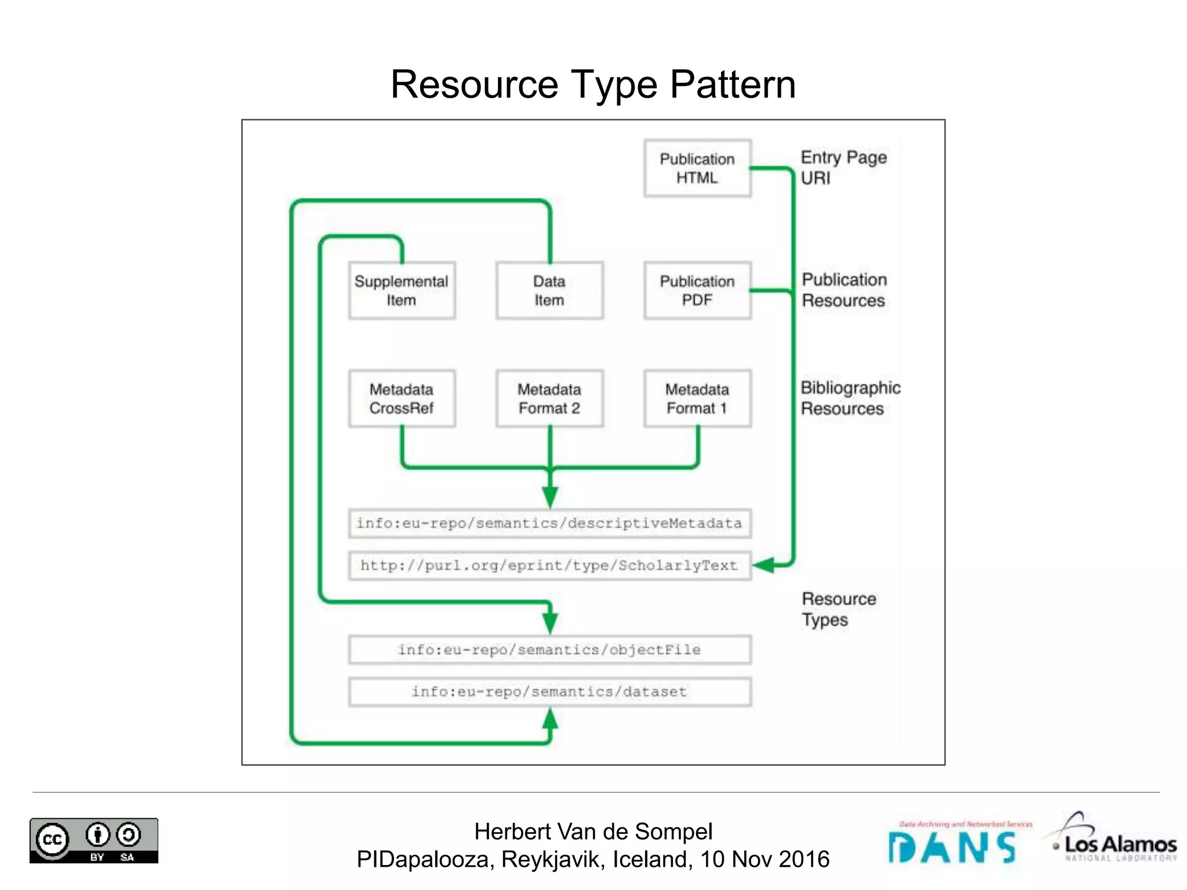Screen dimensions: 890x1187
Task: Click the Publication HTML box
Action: coord(697,168)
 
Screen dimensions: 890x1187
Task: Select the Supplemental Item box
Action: coord(402,290)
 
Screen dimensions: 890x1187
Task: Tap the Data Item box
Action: coord(549,290)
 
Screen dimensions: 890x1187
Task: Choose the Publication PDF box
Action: coord(697,290)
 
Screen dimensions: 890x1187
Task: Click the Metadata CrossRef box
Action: coord(402,399)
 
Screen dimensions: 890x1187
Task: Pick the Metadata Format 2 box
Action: coord(549,399)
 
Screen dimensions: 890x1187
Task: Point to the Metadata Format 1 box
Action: coord(697,399)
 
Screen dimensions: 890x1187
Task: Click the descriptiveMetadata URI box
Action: coord(549,523)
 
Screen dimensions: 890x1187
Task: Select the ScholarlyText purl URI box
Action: coord(549,566)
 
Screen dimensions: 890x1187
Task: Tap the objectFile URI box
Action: coord(549,650)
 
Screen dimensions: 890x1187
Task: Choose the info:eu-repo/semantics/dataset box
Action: coord(549,692)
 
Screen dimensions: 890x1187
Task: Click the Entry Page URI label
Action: coord(843,167)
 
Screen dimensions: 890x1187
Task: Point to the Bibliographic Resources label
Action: coord(850,398)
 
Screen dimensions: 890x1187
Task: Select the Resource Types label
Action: coord(838,609)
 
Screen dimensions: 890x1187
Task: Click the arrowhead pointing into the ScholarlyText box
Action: coord(763,565)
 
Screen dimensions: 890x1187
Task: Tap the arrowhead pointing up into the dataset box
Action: coord(550,720)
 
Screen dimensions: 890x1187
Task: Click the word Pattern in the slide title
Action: coord(733,85)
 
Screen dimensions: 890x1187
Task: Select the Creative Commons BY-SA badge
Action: coord(94,840)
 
